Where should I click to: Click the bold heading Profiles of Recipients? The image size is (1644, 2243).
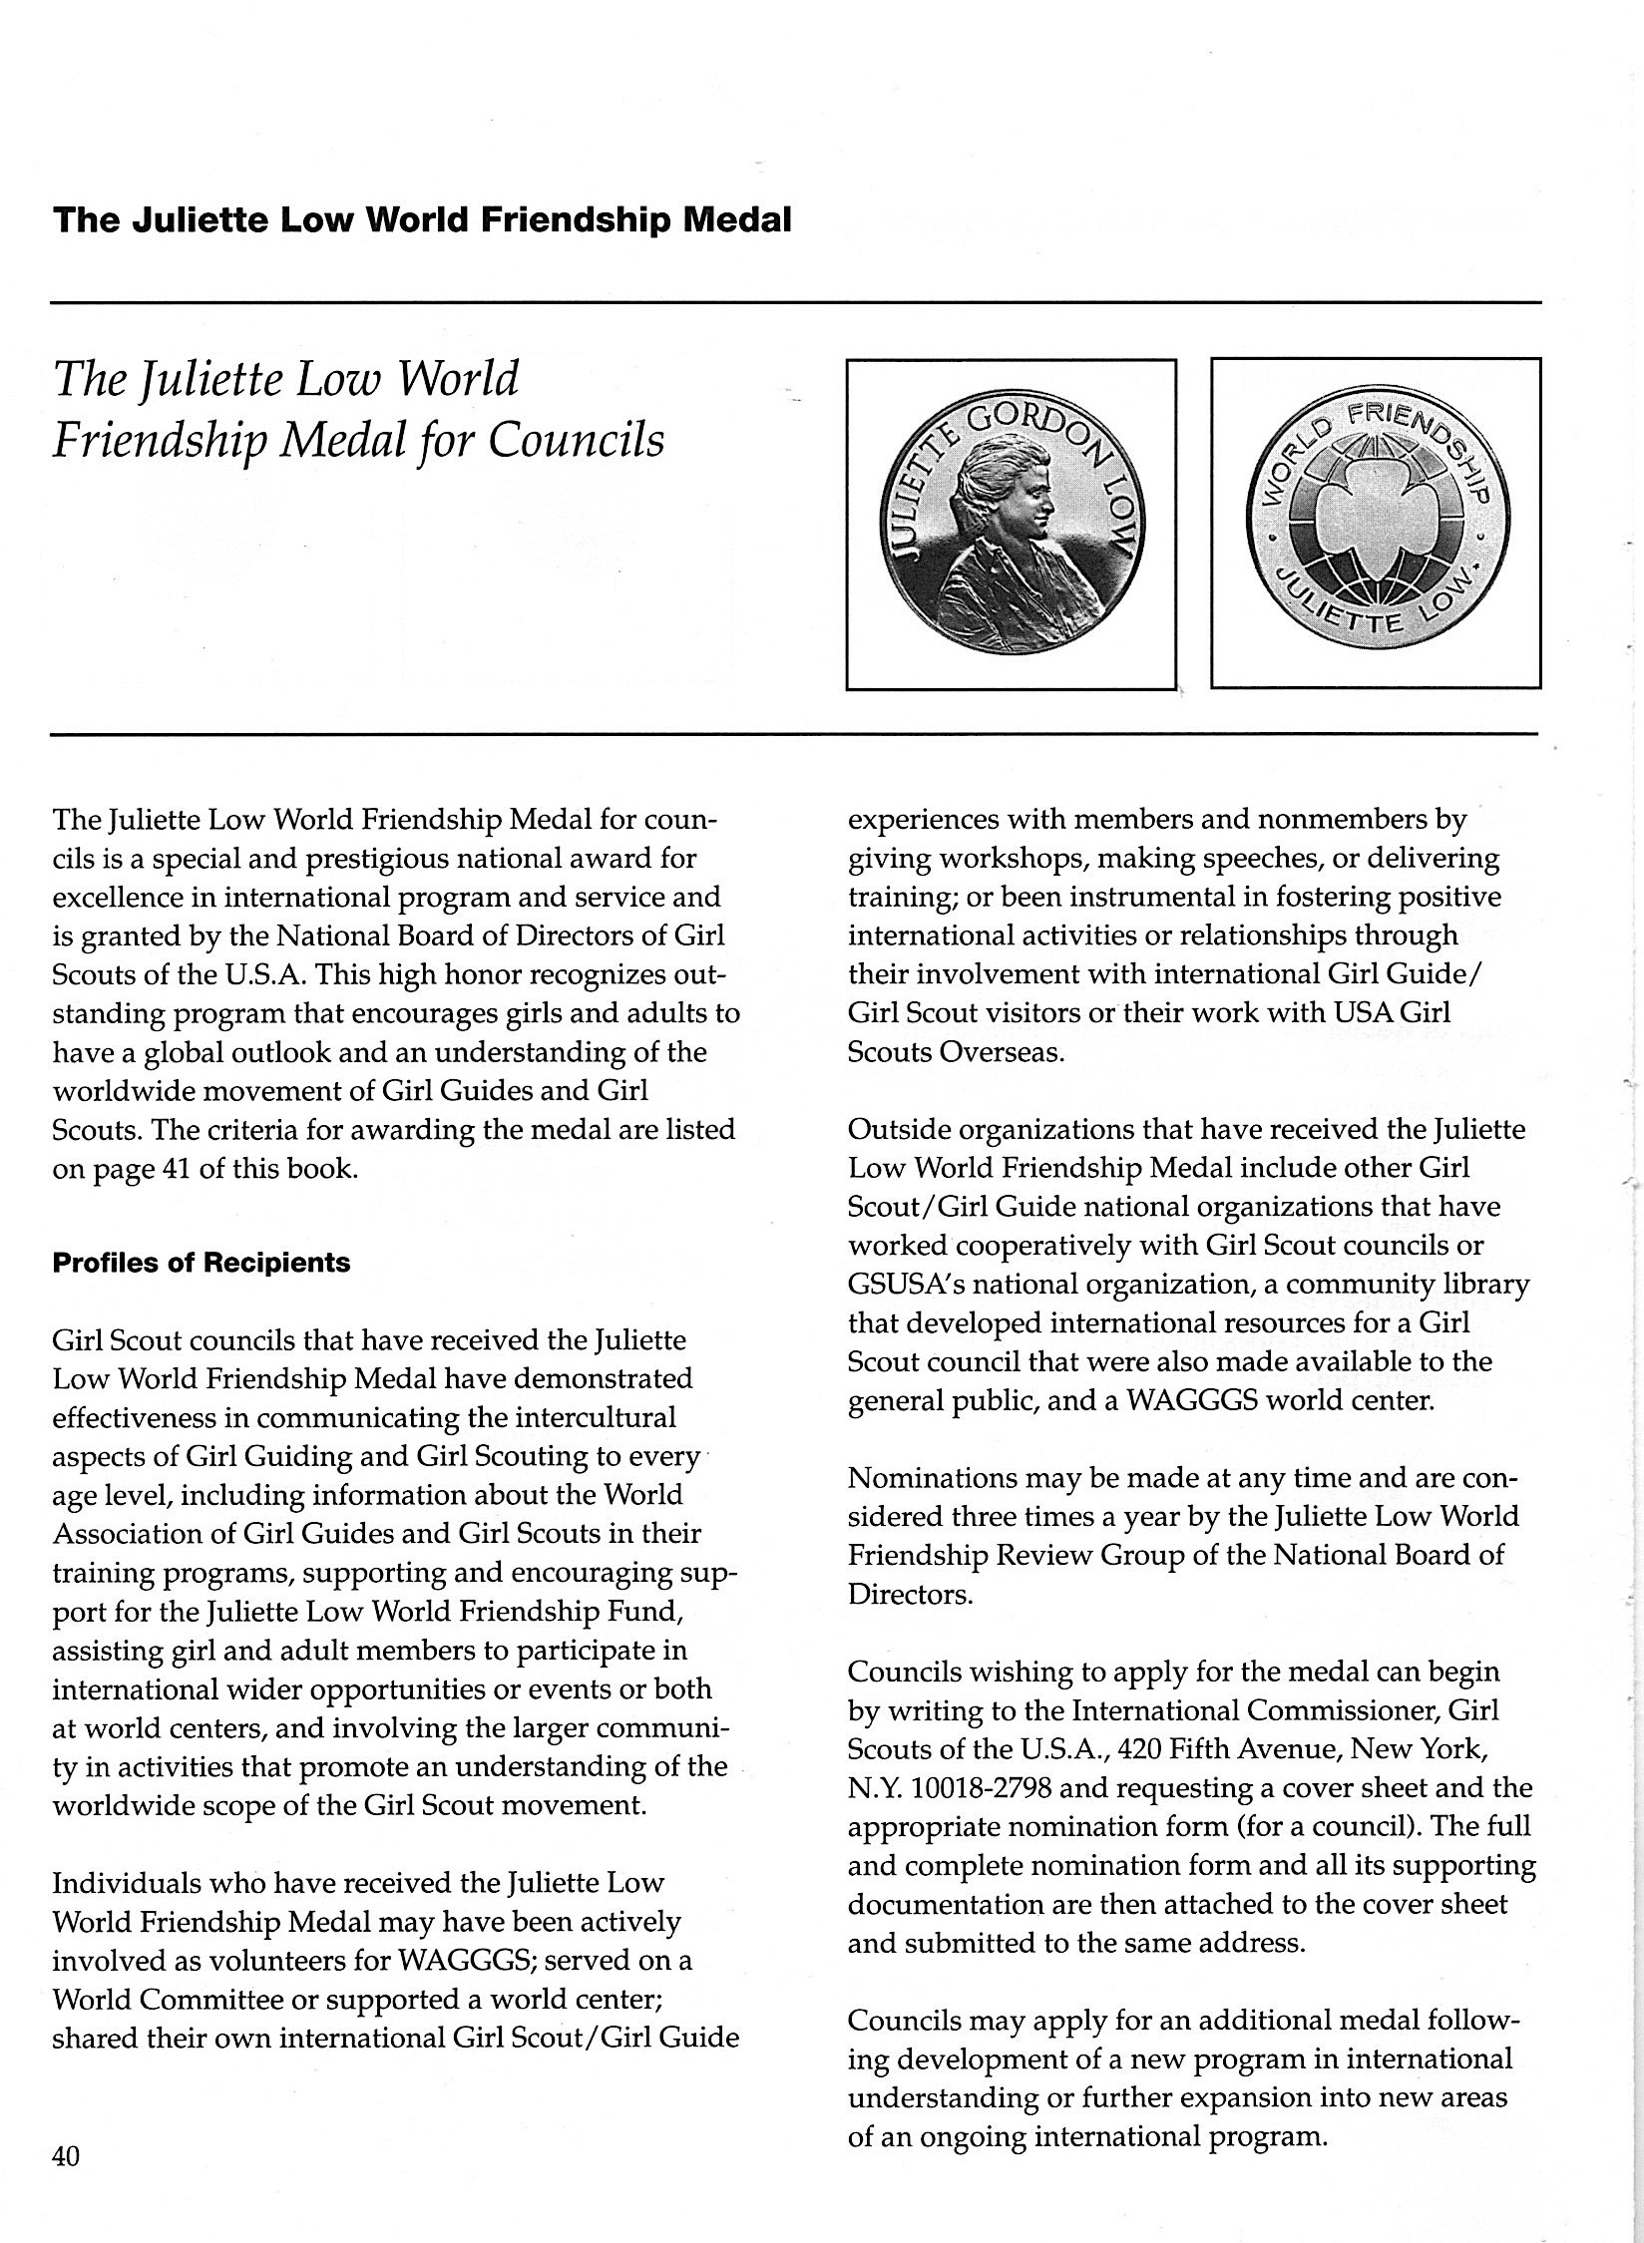pyautogui.click(x=201, y=1263)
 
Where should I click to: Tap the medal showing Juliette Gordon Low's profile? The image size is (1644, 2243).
pyautogui.click(x=1011, y=524)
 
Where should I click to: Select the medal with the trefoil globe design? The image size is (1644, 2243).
pyautogui.click(x=1376, y=524)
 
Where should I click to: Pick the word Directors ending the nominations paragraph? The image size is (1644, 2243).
pyautogui.click(x=909, y=1595)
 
